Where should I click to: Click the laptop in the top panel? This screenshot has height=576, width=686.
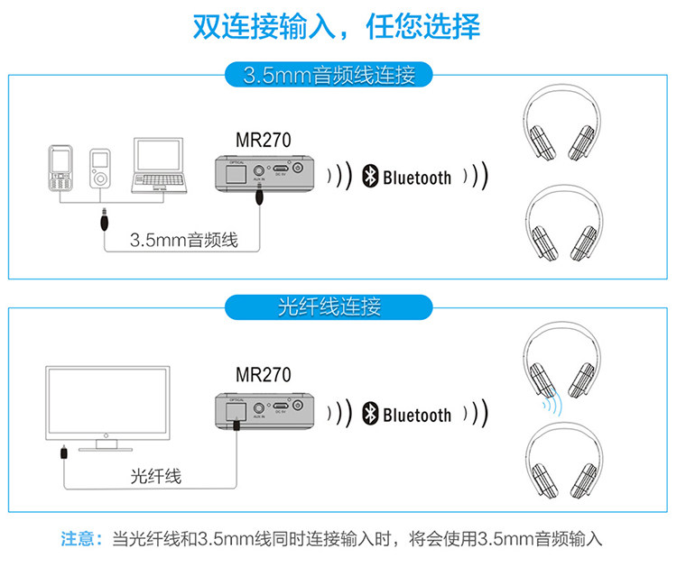(x=159, y=165)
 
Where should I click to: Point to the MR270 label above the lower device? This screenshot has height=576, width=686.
(x=264, y=375)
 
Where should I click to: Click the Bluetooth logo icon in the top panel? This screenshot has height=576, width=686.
(x=369, y=177)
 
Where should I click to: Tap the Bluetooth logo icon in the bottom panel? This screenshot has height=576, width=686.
(x=369, y=414)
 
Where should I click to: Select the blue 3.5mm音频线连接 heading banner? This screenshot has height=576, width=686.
(x=329, y=74)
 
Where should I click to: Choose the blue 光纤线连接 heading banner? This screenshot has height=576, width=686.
(x=329, y=307)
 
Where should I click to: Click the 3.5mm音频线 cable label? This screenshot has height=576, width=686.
(x=183, y=240)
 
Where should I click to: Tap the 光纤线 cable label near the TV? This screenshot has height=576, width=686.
(x=156, y=476)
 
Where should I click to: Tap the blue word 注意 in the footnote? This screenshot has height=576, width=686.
(x=78, y=540)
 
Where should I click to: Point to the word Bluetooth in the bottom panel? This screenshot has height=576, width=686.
(x=417, y=415)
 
